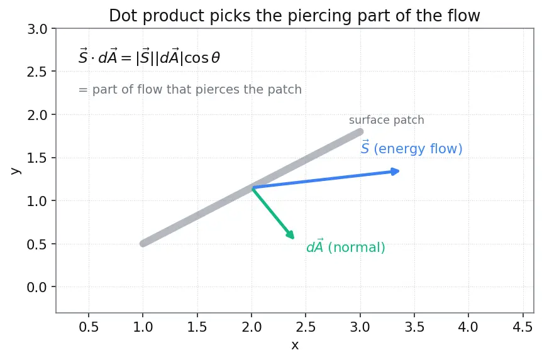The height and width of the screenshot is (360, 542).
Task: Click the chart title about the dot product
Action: coord(294,16)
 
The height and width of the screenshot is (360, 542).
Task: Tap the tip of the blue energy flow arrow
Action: coord(400,171)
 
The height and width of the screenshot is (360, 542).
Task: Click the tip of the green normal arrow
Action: coord(294,239)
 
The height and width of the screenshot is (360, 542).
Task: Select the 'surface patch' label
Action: coord(387,120)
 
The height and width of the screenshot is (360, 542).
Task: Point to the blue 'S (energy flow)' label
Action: coord(411,148)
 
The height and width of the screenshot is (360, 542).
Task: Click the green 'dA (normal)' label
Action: coord(346,246)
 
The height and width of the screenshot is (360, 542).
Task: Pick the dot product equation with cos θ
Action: coord(149,57)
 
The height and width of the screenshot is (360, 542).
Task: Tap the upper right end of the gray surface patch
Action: coord(360,132)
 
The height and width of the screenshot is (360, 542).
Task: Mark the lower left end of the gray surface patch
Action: coord(143,244)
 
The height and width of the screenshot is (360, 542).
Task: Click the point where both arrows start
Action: coord(252,188)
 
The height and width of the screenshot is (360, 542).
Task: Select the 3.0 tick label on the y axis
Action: coord(37,29)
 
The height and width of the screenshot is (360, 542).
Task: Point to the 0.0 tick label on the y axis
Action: coord(37,287)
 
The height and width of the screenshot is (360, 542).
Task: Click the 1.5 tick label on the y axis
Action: coord(37,158)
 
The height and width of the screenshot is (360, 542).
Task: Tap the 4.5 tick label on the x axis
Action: coord(523,327)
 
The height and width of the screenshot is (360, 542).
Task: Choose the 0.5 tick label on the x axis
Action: coord(89,327)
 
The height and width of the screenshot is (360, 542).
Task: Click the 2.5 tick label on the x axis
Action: coord(306,327)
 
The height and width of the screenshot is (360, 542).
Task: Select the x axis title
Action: coord(295,345)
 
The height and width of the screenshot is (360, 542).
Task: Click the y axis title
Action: coord(15,171)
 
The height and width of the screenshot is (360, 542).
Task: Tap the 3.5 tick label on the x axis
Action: coord(414,327)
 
